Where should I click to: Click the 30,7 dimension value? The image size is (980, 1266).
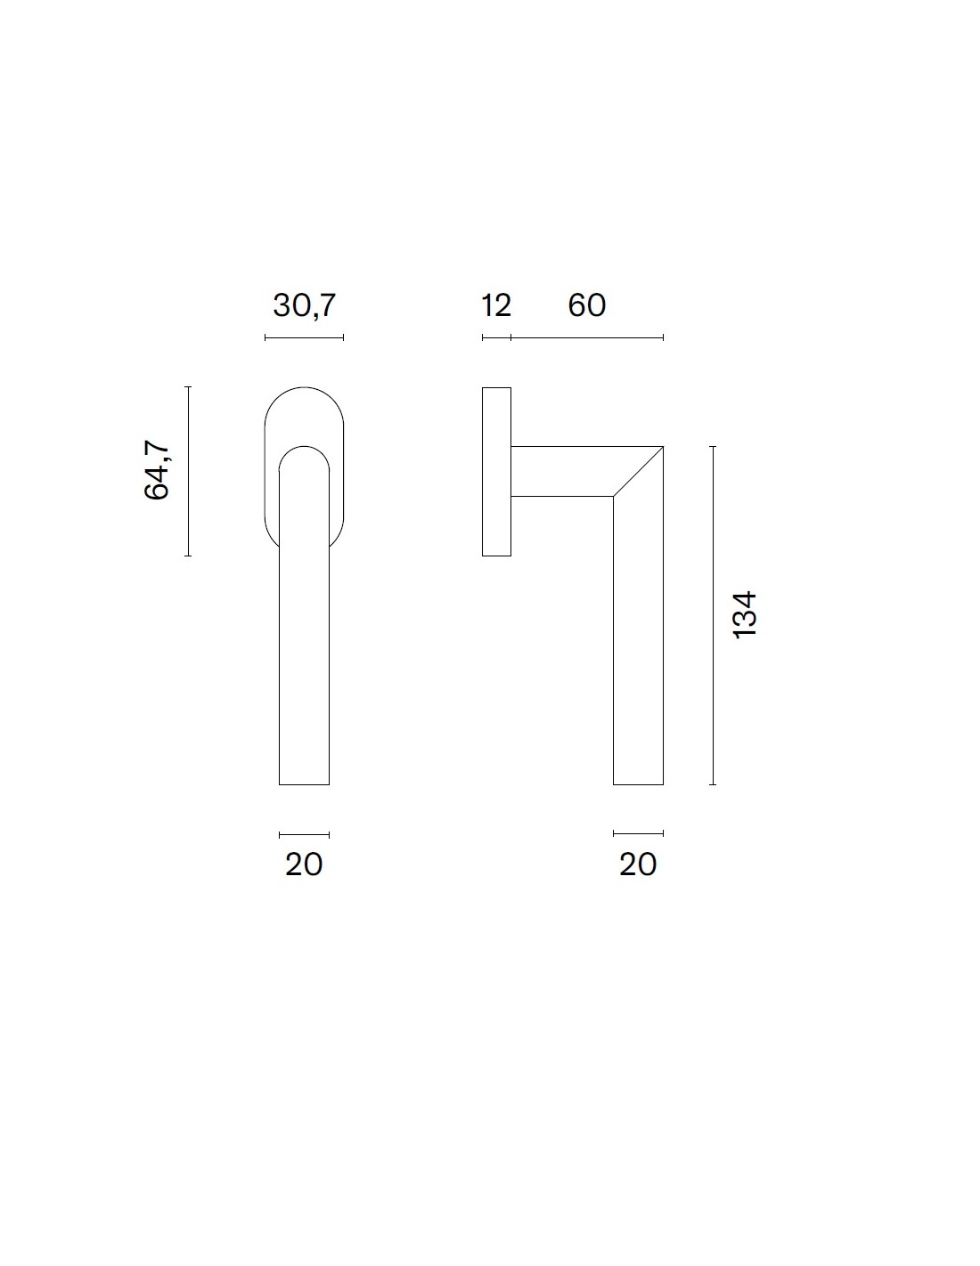305,305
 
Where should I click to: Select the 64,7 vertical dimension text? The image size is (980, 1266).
157,470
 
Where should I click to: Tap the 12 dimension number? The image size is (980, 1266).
496,305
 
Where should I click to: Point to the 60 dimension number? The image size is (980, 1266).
586,305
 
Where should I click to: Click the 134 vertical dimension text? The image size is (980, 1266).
745,615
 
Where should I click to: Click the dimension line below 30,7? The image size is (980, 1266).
305,337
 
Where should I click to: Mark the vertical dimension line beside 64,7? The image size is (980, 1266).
188,471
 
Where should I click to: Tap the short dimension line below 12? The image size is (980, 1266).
497,337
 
